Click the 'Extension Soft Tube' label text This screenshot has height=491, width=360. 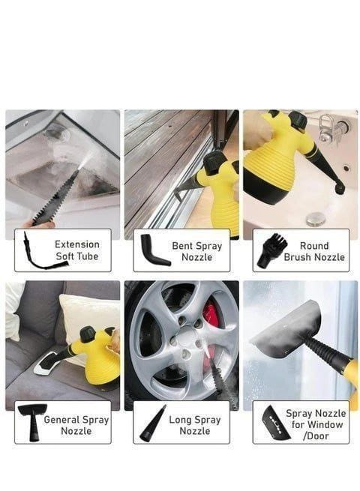tap(77, 250)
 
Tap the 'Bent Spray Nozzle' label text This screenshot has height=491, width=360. tap(196, 251)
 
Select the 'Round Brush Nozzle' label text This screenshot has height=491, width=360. tap(314, 251)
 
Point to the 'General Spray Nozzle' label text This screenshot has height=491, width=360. tap(76, 425)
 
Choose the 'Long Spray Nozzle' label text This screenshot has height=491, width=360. tap(195, 425)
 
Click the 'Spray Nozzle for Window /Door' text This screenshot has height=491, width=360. tap(316, 424)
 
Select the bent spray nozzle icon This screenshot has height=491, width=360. tap(154, 250)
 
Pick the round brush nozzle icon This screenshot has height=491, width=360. tap(271, 250)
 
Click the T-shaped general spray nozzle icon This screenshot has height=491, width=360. tap(32, 422)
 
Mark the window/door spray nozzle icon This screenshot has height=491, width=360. tap(275, 423)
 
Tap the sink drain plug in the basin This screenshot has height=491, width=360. tap(316, 219)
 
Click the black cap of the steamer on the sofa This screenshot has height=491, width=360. tap(88, 334)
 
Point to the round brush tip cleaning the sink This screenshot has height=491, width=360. tap(339, 187)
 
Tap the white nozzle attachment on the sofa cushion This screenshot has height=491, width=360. tap(46, 364)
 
